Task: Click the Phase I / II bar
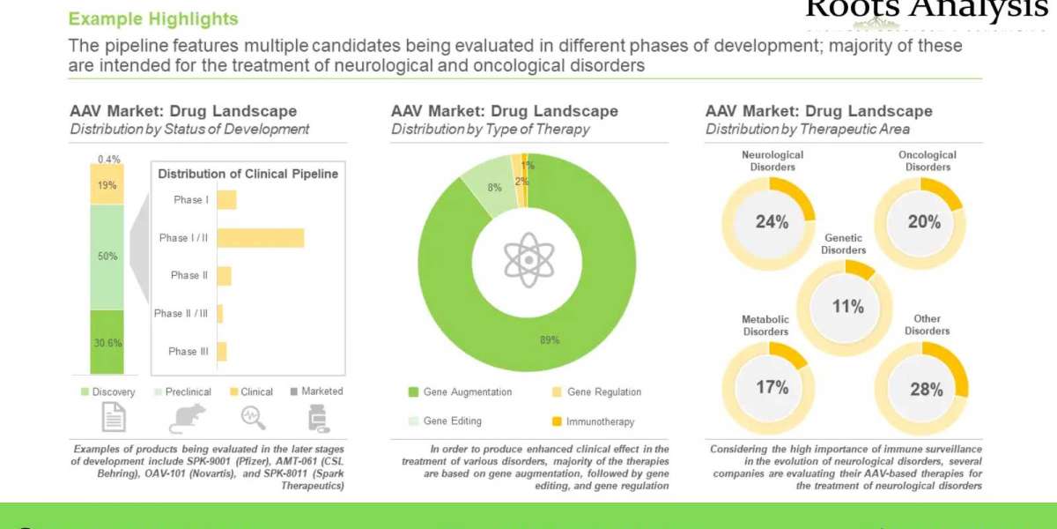coord(261,238)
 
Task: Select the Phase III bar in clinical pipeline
coord(222,351)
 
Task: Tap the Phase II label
coord(189,275)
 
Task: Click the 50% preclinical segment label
coord(107,257)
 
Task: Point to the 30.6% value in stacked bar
coord(107,343)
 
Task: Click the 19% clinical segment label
coord(107,186)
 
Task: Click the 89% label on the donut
coord(550,340)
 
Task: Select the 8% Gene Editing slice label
coord(495,187)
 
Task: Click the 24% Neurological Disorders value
coord(772,222)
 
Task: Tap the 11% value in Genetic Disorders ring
coord(847,307)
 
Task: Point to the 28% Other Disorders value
coord(926,389)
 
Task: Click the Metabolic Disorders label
coord(765,325)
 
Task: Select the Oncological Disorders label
coord(927,160)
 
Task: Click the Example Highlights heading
coord(152,19)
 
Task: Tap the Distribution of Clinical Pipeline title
coord(248,174)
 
